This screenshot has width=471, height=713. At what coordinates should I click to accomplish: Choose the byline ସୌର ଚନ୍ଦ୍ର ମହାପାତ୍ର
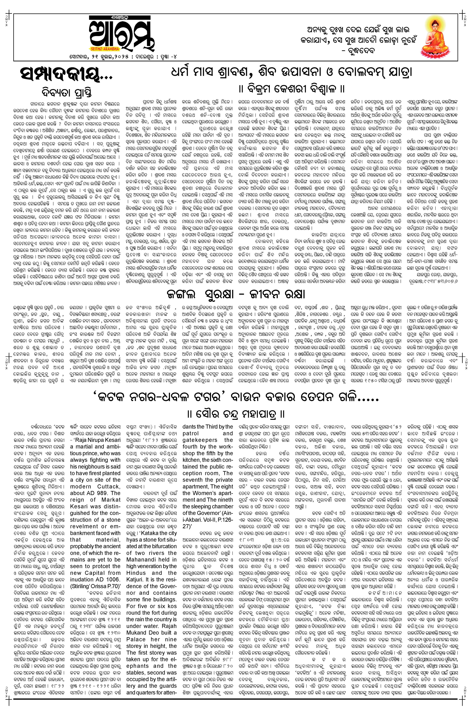[x=236, y=415]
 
